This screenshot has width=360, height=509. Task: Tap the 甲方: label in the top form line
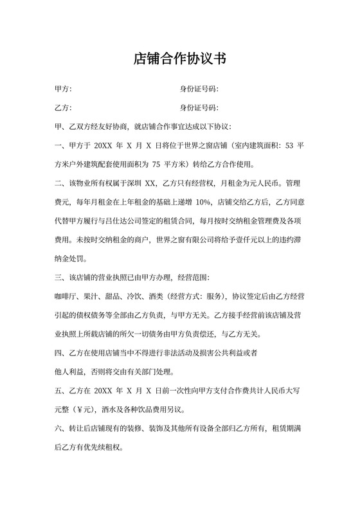(63, 89)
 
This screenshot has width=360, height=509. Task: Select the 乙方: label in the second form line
(63, 107)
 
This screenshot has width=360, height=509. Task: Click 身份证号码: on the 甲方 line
(199, 89)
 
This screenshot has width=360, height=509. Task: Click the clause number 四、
(60, 353)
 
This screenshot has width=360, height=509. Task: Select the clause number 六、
(60, 429)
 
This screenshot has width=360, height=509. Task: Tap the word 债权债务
(88, 316)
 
